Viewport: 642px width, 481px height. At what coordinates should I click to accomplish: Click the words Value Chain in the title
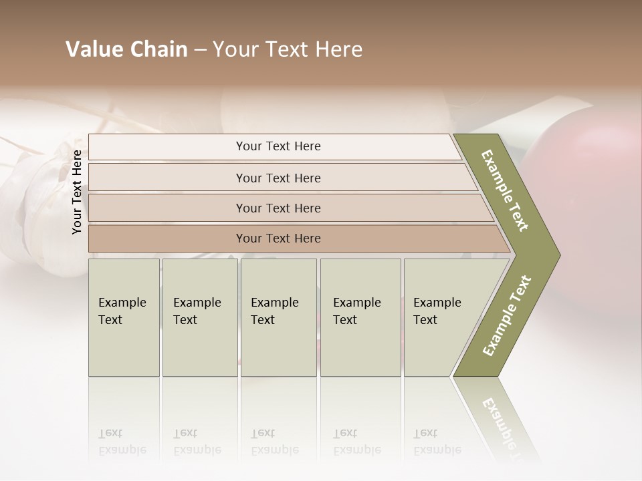pyautogui.click(x=126, y=49)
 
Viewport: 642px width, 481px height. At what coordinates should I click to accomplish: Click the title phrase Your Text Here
pyautogui.click(x=288, y=49)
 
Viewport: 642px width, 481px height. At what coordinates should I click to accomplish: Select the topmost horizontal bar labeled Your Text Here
pyautogui.click(x=278, y=146)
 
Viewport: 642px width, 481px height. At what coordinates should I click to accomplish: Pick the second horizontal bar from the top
pyautogui.click(x=278, y=178)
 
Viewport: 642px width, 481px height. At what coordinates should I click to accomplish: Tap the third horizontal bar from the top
pyautogui.click(x=278, y=208)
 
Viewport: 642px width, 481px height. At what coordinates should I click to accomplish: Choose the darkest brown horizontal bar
pyautogui.click(x=278, y=238)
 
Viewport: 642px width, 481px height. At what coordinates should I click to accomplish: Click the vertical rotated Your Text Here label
pyautogui.click(x=77, y=192)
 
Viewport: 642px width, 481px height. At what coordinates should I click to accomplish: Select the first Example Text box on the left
pyautogui.click(x=124, y=317)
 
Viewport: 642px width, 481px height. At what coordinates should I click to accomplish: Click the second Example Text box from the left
pyautogui.click(x=200, y=317)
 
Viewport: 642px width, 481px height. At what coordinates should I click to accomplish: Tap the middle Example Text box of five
pyautogui.click(x=278, y=317)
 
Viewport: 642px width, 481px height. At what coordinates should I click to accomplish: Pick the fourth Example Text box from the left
pyautogui.click(x=360, y=317)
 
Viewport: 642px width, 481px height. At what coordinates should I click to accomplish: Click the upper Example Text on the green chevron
pyautogui.click(x=505, y=190)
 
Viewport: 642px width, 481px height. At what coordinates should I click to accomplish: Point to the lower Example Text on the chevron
pyautogui.click(x=506, y=315)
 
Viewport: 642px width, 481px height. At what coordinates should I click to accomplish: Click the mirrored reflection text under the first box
pyautogui.click(x=122, y=441)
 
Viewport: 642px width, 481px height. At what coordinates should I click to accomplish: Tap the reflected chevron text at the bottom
pyautogui.click(x=500, y=421)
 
